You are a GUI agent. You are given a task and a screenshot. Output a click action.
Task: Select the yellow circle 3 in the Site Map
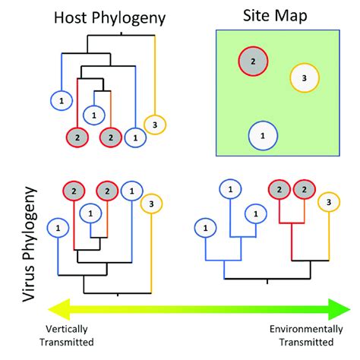[303, 77]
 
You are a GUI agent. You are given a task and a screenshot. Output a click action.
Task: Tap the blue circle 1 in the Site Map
[262, 135]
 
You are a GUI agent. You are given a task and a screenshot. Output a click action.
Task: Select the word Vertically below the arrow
[68, 331]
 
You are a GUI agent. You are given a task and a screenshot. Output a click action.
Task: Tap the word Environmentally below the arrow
[300, 331]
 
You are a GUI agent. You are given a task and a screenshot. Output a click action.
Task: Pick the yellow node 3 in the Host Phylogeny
[155, 125]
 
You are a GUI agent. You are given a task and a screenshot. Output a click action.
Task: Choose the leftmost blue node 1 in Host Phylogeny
[61, 99]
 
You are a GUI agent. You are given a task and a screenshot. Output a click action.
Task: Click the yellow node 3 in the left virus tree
[152, 203]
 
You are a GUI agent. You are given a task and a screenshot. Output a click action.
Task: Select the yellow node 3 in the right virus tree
[328, 201]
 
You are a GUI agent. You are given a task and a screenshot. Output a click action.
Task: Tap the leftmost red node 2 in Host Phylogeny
[75, 137]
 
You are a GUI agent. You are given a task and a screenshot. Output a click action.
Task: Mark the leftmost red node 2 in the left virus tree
[74, 190]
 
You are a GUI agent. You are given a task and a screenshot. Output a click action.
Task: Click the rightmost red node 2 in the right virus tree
[304, 189]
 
